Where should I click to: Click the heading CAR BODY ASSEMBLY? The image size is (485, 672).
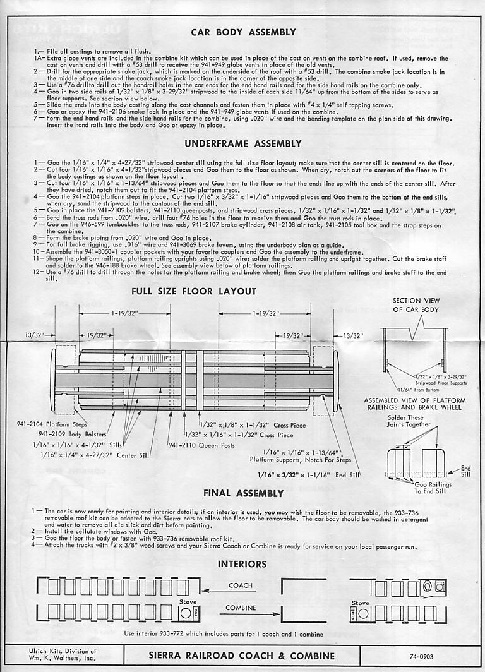click(x=243, y=32)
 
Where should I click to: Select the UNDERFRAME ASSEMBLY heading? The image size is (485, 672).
click(x=243, y=144)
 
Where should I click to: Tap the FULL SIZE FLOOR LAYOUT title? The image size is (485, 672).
click(x=194, y=291)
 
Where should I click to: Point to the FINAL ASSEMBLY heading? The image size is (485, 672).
click(x=243, y=493)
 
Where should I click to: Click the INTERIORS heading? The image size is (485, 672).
click(x=242, y=563)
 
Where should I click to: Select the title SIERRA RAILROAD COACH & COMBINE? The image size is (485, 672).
click(x=242, y=656)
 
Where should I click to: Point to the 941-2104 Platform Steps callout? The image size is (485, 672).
click(x=53, y=424)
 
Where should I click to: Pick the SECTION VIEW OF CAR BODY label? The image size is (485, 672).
click(x=416, y=304)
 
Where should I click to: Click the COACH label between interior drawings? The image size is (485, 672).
click(x=241, y=585)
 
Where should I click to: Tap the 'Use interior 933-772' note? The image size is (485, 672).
click(x=224, y=633)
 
